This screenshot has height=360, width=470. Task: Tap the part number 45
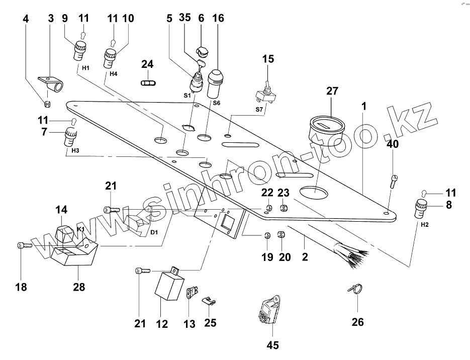pyautogui.click(x=273, y=345)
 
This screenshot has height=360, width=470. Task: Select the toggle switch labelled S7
pyautogui.click(x=263, y=94)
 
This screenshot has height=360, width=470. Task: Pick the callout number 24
pyautogui.click(x=147, y=64)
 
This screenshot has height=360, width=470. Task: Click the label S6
pyautogui.click(x=217, y=103)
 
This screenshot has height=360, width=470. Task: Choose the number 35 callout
pyautogui.click(x=184, y=18)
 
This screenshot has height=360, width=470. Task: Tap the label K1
pyautogui.click(x=80, y=229)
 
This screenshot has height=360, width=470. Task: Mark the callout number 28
pyautogui.click(x=79, y=287)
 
